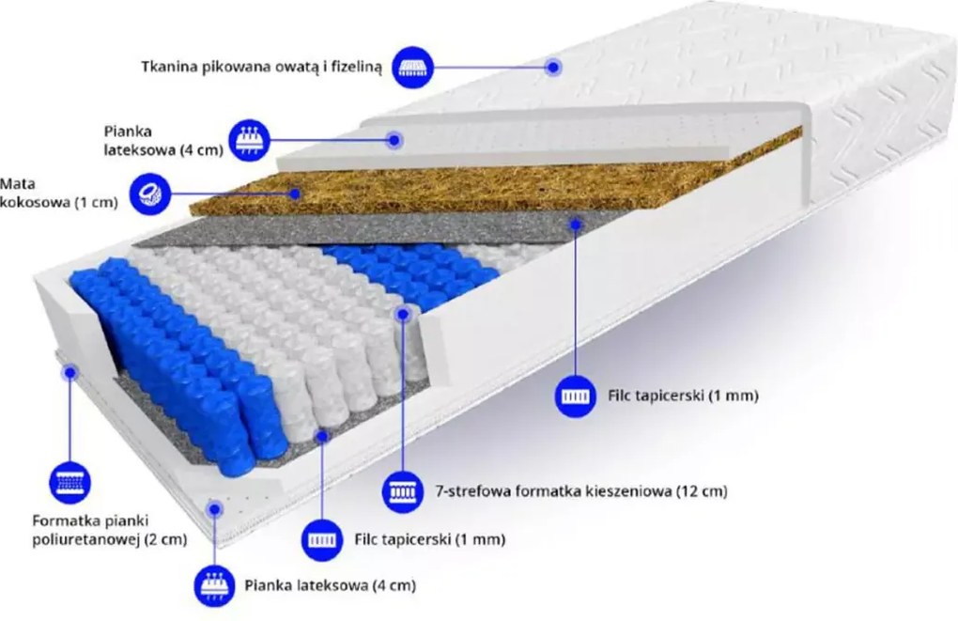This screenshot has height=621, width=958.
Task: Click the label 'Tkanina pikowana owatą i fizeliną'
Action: [x=261, y=67]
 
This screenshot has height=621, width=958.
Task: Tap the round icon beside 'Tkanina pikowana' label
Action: [x=413, y=67]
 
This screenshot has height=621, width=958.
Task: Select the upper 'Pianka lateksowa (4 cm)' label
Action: [x=163, y=141]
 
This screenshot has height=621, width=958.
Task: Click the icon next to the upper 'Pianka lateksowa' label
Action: [x=249, y=140]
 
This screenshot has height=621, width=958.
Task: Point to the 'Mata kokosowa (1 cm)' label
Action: [x=58, y=194]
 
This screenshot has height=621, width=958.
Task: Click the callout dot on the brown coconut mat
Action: [x=295, y=194]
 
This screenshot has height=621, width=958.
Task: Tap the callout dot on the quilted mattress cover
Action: [x=553, y=67]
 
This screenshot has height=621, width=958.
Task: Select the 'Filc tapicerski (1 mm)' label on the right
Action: [x=683, y=396]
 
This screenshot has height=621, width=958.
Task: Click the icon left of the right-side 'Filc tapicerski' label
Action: [x=576, y=396]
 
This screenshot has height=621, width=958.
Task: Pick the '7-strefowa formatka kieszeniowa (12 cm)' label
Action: [x=581, y=490]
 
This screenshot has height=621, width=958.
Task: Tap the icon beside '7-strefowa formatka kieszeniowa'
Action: [x=403, y=491]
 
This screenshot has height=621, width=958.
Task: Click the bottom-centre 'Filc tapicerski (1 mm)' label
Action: [x=429, y=539]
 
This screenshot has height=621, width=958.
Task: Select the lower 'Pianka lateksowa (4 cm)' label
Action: [x=330, y=585]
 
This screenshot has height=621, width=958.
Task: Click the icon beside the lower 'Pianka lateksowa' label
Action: [x=214, y=586]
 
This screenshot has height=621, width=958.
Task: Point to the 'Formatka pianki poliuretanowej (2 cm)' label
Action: [x=109, y=530]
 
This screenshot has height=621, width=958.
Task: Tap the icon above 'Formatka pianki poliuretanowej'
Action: [x=70, y=483]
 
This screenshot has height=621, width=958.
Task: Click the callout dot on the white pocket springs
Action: [x=403, y=314]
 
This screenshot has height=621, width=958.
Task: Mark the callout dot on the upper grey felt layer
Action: [x=576, y=225]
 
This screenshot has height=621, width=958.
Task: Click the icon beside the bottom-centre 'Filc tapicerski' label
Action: [x=322, y=539]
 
